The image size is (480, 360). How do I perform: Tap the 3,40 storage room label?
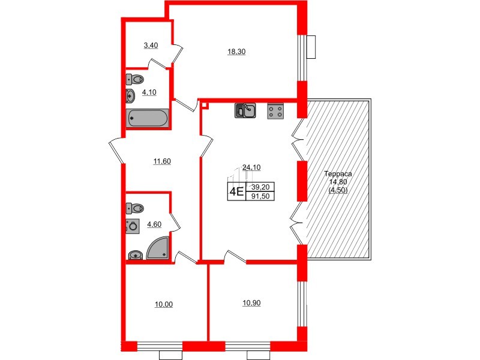coord(150,45)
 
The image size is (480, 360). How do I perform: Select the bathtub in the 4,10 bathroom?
coord(148,118)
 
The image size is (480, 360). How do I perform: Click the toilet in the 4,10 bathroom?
coord(137,79)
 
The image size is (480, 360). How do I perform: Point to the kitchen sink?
coord(246,110)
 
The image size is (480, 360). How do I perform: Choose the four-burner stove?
coord(276,111)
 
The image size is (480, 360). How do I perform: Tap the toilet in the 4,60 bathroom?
coord(136,208)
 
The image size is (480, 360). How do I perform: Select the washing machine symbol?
coord(132,226)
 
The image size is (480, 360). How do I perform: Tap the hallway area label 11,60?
coord(163,161)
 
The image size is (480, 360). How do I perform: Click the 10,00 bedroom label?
coord(163,305)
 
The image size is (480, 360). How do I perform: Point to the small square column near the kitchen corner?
coord(205,106)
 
